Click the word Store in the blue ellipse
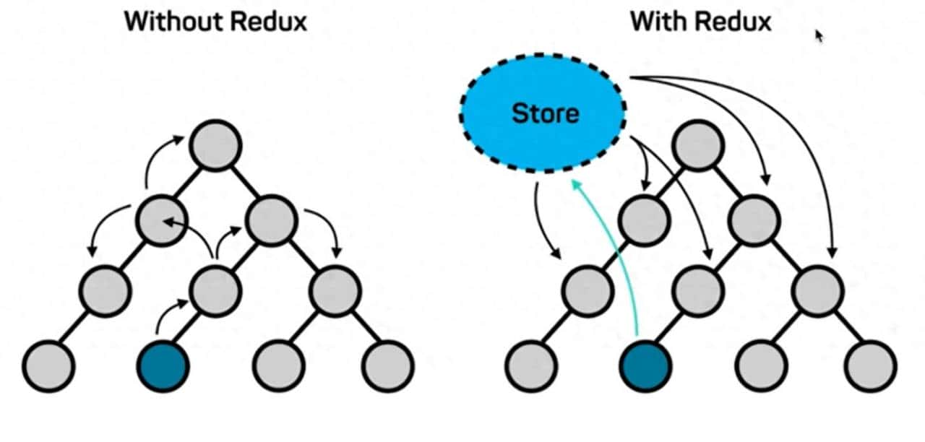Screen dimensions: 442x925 click(x=545, y=113)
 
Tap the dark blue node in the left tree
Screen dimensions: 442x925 click(x=164, y=365)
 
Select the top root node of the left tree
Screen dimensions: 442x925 click(x=216, y=146)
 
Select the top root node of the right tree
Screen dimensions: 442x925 click(x=698, y=146)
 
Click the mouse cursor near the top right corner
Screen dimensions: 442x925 click(x=819, y=35)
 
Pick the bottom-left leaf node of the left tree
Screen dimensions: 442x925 click(x=48, y=365)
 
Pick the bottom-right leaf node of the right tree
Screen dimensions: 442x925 click(x=872, y=365)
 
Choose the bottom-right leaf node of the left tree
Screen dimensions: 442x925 click(x=388, y=365)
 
